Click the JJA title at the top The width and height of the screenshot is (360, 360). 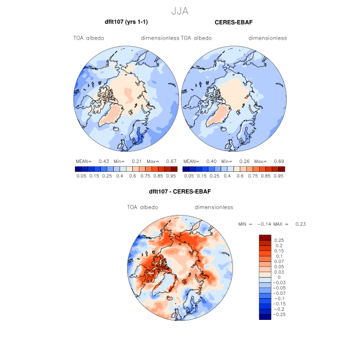click(x=180, y=10)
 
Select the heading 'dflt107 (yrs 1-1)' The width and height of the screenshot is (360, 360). click(x=126, y=22)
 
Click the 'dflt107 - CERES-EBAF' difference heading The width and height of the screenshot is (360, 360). click(x=180, y=192)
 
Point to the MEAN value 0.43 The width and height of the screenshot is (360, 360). click(x=103, y=161)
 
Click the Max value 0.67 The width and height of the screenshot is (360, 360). click(x=171, y=161)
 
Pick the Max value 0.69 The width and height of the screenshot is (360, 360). click(x=279, y=161)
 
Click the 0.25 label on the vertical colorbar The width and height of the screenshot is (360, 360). click(x=279, y=240)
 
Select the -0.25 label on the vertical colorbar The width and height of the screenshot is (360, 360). click(x=281, y=314)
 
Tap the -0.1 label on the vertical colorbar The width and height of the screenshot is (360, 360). click(x=279, y=298)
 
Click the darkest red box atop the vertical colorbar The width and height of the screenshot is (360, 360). click(x=265, y=237)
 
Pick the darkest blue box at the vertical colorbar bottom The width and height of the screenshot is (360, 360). click(x=265, y=317)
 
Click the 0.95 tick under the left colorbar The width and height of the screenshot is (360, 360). click(x=171, y=176)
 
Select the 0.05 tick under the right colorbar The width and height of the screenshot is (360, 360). click(x=189, y=176)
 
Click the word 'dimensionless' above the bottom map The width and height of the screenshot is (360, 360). click(x=214, y=207)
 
